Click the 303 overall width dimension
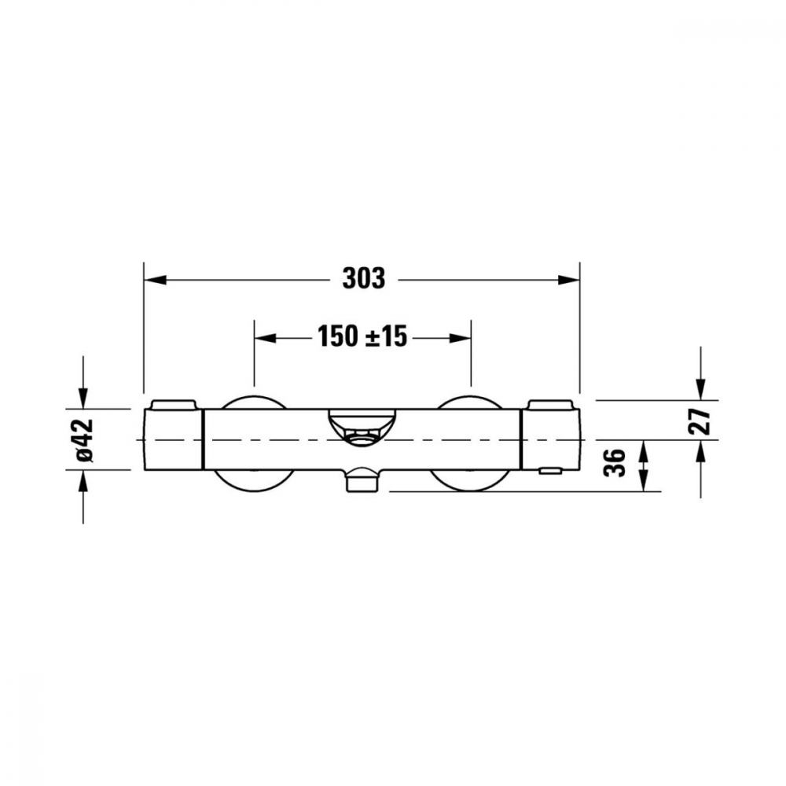[364, 278]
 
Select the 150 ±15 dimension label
[362, 337]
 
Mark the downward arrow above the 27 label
[700, 388]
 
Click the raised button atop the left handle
[173, 404]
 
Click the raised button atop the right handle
[552, 404]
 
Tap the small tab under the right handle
[550, 470]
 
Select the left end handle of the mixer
[174, 440]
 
